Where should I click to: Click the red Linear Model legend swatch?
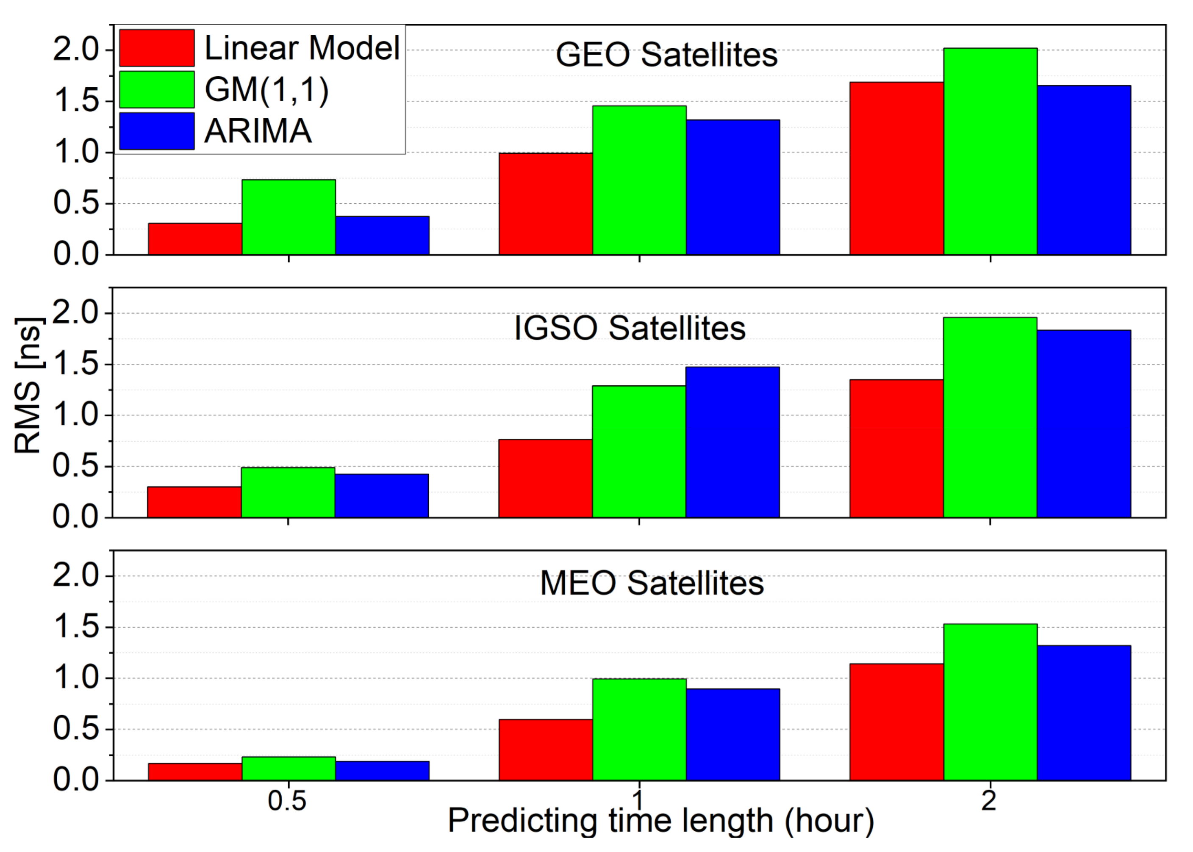(156, 48)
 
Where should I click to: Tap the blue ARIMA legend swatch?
(156, 131)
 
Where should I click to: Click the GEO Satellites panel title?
(666, 55)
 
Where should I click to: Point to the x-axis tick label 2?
(988, 801)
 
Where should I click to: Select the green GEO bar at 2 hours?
(990, 152)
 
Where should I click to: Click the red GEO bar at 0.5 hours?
(195, 239)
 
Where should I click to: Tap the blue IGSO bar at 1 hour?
(732, 442)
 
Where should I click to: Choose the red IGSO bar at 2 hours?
(896, 448)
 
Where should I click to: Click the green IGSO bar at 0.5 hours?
(288, 492)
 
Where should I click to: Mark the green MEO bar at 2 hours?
(990, 702)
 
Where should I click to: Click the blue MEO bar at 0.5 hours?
(382, 771)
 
